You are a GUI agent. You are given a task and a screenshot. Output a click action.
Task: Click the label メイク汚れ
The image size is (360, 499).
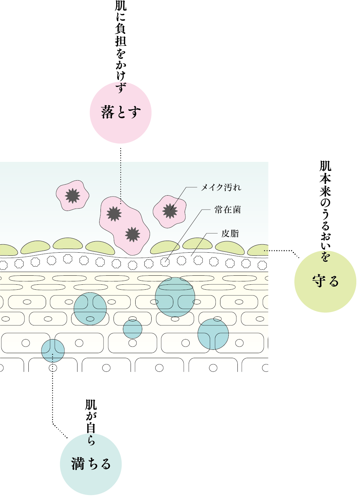(x=221, y=188)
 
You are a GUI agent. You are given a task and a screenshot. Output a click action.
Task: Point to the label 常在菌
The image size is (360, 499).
(x=227, y=210)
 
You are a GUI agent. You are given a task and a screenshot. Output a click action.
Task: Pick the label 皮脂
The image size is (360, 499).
(x=230, y=233)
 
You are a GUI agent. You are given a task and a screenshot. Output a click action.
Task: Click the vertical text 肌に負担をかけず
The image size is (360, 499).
(x=121, y=47)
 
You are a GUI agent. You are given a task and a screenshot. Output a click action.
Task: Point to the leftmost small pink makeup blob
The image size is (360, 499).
(x=72, y=196)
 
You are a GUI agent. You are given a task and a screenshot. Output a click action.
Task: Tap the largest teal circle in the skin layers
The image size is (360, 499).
(x=175, y=297)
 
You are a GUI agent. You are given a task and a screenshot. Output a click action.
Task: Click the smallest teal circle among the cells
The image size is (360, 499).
(x=133, y=329)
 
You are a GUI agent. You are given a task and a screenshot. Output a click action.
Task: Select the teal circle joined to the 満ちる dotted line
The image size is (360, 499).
(x=53, y=350)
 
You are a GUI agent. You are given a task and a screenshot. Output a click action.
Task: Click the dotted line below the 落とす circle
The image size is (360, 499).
(x=121, y=174)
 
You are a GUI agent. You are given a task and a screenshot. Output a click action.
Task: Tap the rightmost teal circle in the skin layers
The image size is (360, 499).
(x=213, y=334)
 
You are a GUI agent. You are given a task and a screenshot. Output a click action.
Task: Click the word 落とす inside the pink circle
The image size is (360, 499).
(x=121, y=112)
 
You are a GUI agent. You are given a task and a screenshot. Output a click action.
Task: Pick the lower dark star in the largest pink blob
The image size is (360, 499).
(x=133, y=234)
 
